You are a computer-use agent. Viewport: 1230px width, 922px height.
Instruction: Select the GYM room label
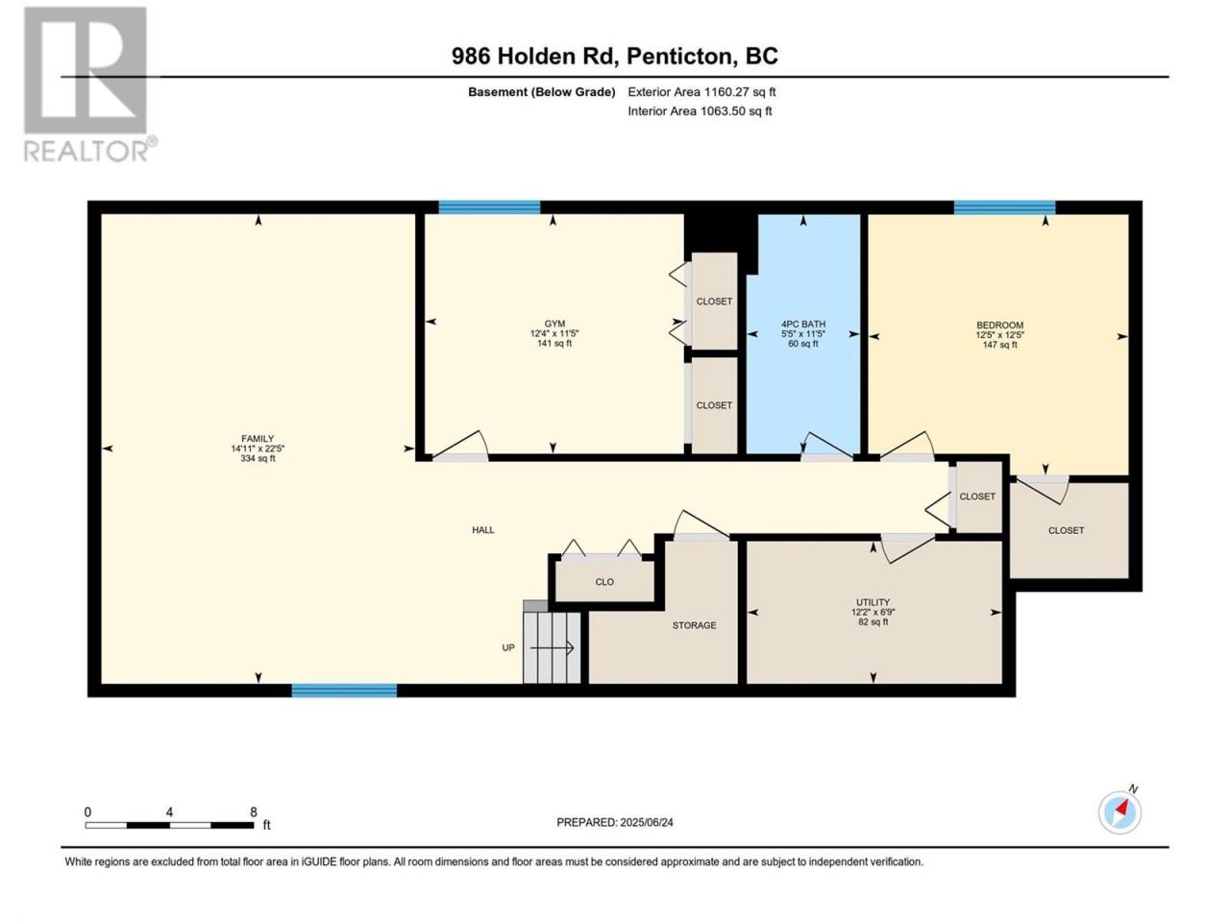click(553, 324)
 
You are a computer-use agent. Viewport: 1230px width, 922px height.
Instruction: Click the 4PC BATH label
click(802, 324)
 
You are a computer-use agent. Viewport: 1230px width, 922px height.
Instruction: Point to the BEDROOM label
click(999, 325)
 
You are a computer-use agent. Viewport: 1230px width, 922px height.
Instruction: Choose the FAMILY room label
click(258, 438)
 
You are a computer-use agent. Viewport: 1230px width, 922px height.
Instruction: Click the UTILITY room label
click(873, 602)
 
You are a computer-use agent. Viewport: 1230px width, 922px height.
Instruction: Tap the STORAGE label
click(694, 624)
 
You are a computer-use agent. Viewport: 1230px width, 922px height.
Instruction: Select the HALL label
click(482, 529)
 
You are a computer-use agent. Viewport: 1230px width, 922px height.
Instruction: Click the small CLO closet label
click(604, 582)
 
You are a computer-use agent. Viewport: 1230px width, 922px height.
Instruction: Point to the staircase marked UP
click(552, 646)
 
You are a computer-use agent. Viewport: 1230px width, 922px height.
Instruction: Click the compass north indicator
click(1119, 812)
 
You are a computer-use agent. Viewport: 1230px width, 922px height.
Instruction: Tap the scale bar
click(169, 825)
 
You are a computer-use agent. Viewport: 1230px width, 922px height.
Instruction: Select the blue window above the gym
click(489, 207)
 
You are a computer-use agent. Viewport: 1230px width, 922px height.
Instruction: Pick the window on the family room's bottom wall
click(343, 691)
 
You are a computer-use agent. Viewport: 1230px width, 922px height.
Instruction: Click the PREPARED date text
click(614, 822)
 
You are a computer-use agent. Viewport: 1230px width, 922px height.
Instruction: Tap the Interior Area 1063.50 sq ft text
click(700, 110)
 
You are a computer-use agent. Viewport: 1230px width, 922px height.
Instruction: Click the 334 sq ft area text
click(258, 458)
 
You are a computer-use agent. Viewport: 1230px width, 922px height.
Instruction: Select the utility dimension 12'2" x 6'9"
click(873, 613)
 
